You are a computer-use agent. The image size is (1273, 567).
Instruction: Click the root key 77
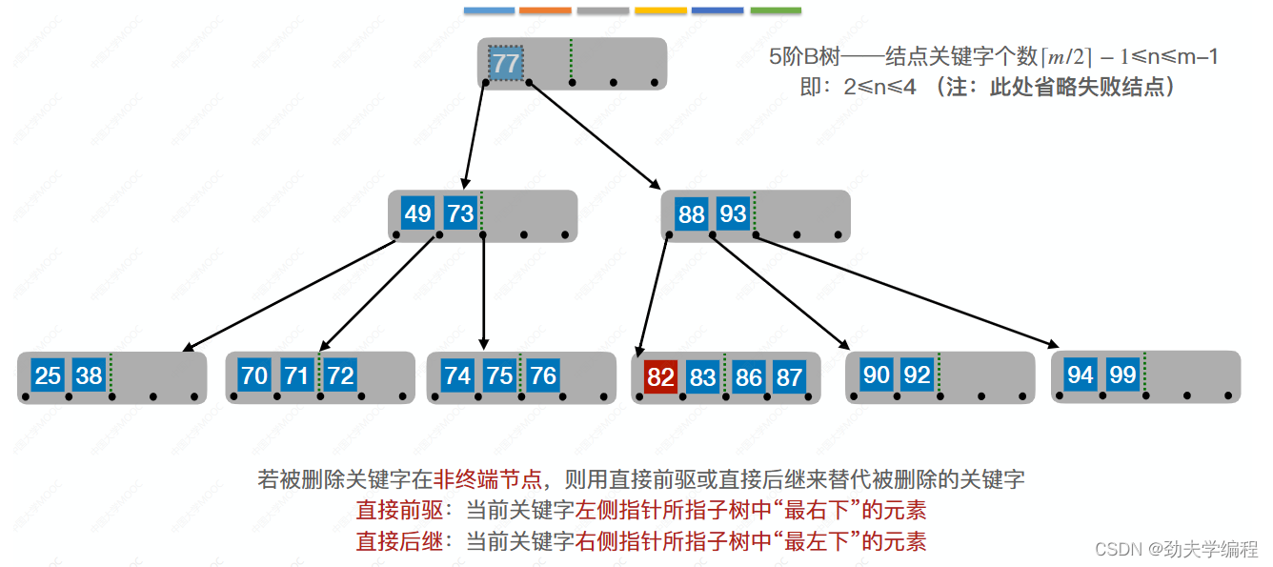[506, 64]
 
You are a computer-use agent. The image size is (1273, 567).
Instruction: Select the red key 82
[660, 377]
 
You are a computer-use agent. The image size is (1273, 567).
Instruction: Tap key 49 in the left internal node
[417, 213]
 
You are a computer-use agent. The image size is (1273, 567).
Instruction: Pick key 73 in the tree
[460, 213]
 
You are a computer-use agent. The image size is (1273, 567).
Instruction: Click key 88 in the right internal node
[692, 214]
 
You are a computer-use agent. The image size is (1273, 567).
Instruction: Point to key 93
[733, 214]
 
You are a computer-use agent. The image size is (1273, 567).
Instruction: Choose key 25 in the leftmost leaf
[48, 375]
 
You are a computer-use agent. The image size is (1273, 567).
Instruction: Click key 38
[90, 375]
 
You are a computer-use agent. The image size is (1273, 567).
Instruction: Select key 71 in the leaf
[296, 375]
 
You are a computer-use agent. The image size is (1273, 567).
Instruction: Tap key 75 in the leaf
[500, 375]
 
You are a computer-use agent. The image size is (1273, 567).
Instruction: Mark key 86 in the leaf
[748, 377]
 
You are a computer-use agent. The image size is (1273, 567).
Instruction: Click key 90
[876, 375]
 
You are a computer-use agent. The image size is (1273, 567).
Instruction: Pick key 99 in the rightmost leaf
[1122, 375]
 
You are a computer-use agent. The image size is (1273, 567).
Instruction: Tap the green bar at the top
[776, 10]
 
